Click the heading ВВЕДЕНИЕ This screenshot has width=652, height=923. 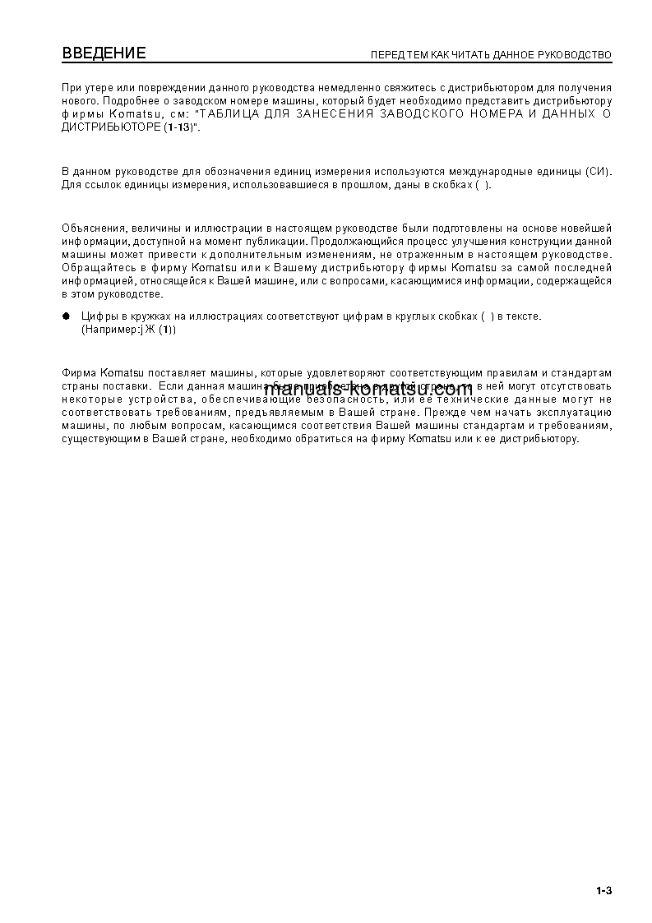(104, 54)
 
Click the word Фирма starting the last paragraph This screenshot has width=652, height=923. (79, 373)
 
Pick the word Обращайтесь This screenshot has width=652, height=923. (94, 268)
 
